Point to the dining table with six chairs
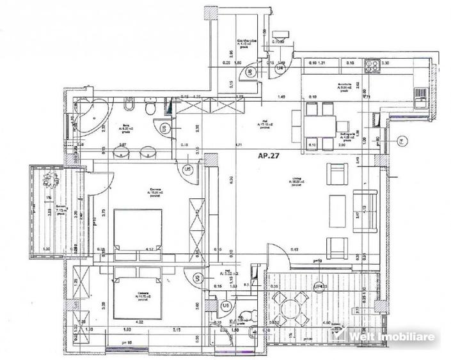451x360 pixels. click(x=318, y=123)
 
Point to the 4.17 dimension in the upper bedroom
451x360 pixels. click(x=149, y=249)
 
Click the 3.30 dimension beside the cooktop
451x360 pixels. click(x=386, y=64)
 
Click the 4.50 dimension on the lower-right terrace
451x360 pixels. click(x=325, y=323)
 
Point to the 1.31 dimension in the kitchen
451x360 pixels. click(x=322, y=64)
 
